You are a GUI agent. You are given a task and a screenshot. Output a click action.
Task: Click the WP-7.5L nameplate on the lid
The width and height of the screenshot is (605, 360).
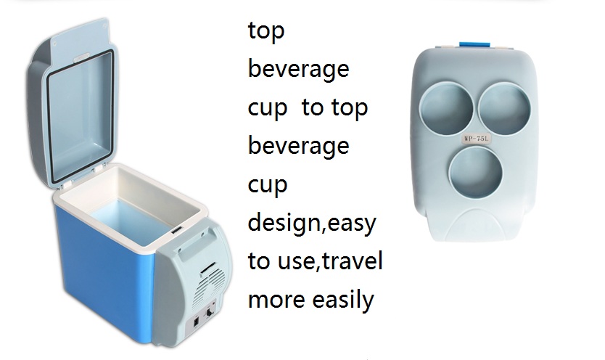[x=476, y=139]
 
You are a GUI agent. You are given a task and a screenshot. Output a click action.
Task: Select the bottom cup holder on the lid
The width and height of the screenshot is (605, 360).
[x=476, y=172]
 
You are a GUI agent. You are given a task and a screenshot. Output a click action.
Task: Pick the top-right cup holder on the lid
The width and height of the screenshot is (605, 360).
[x=505, y=108]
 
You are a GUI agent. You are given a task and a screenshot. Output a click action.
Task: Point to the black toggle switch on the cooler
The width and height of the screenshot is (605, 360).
[x=210, y=311]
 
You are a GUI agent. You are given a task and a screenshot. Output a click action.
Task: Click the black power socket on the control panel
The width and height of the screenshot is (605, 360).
[x=196, y=322]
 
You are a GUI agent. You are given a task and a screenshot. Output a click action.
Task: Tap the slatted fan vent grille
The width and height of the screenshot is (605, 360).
[x=208, y=283]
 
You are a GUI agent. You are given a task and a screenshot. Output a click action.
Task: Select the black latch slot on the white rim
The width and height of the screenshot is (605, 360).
[x=177, y=231]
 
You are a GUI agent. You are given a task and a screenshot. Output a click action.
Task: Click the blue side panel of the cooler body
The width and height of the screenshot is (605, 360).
[x=104, y=271]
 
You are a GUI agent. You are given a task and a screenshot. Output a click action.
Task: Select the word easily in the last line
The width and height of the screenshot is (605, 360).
[x=343, y=300]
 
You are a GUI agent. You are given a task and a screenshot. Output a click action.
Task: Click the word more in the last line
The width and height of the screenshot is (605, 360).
[x=276, y=300]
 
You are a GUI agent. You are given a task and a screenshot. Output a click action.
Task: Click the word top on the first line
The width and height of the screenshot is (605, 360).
[x=266, y=31]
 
